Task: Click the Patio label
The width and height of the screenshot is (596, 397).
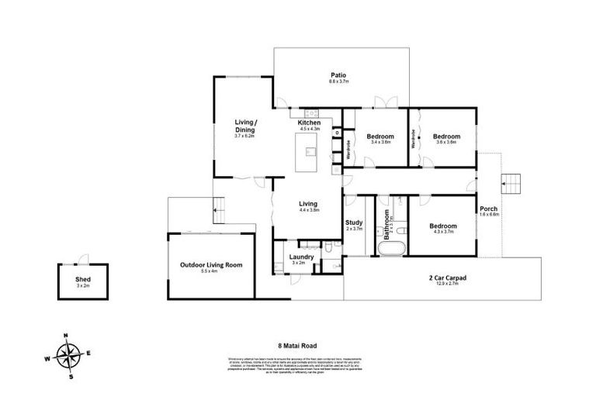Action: (338, 75)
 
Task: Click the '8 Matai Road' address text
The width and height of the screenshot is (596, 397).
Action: (297, 346)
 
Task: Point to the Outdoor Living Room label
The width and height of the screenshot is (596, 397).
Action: (211, 264)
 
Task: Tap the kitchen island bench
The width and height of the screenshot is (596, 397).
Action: (310, 151)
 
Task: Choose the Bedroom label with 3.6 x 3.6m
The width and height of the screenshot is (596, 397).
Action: (447, 136)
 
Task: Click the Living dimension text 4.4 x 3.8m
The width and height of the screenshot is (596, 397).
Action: (310, 210)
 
